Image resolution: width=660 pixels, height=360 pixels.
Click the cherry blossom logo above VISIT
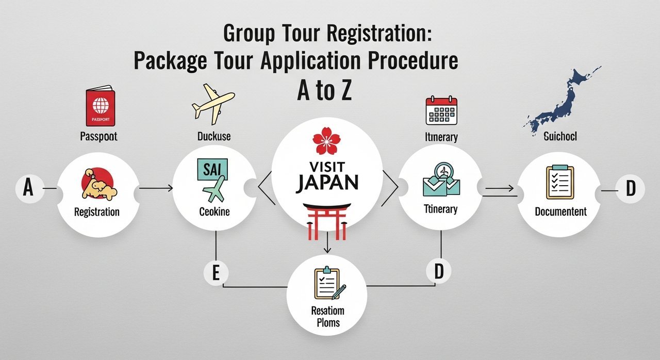point(326,141)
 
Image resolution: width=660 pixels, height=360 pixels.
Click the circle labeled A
point(28,189)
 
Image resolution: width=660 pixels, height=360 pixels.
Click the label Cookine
point(214,211)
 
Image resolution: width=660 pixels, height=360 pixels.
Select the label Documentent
point(560,211)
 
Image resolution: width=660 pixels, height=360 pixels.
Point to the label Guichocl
point(560,138)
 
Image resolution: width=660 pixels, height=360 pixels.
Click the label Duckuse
point(213,137)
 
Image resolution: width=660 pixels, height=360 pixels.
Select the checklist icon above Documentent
point(559,182)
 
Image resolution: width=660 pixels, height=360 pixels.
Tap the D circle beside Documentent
point(630,189)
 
